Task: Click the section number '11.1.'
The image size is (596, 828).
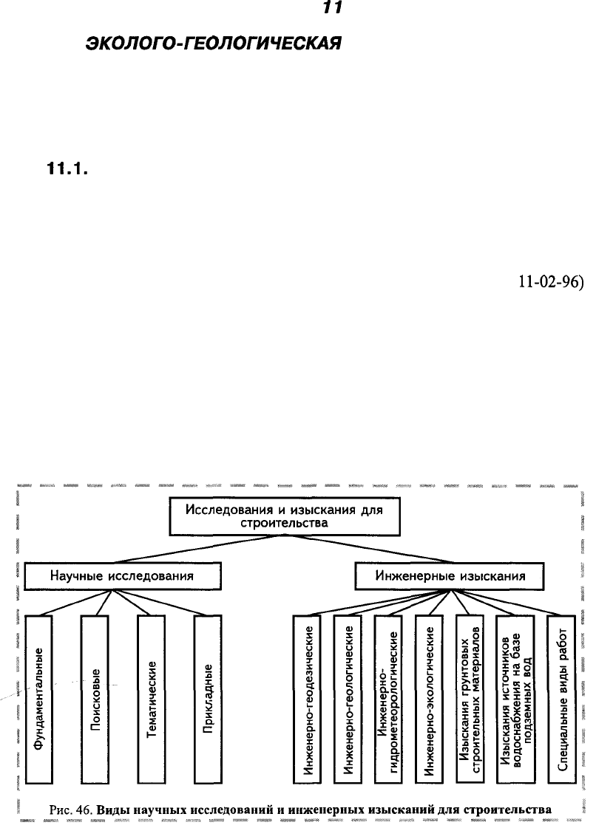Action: [x=67, y=170]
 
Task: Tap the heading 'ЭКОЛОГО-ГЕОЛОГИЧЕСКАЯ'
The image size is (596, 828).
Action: [x=213, y=43]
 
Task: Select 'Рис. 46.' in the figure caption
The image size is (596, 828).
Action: [x=72, y=810]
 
